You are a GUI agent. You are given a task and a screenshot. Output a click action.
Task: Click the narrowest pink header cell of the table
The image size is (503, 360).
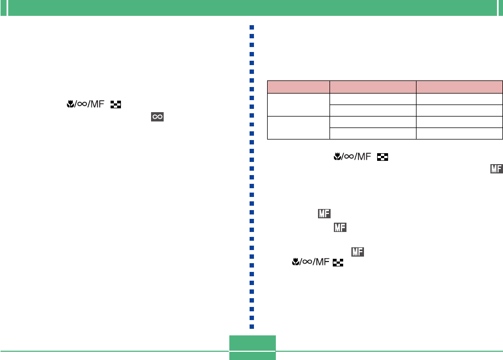[x=298, y=86]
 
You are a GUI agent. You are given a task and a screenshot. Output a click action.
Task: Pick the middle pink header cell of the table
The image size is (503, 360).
[x=373, y=86]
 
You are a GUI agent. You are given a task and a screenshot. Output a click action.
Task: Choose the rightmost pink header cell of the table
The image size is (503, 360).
[x=459, y=86]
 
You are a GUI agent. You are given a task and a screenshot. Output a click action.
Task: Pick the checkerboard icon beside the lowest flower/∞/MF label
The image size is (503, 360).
[x=338, y=263]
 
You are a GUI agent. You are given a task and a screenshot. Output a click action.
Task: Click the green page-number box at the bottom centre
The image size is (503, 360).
[x=252, y=347]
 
